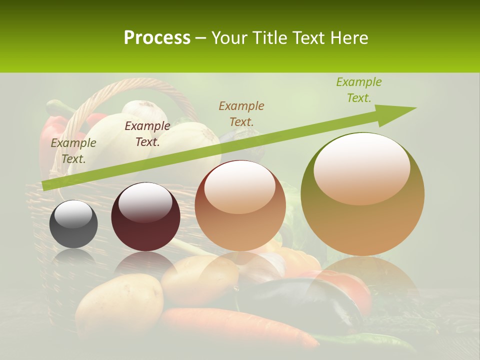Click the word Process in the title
[x=157, y=38]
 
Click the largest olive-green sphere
[x=362, y=195]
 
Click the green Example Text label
[x=358, y=90]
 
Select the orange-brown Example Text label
[x=241, y=113]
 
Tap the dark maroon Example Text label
[x=147, y=133]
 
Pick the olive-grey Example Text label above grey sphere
[x=73, y=150]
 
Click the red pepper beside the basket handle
[x=52, y=135]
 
